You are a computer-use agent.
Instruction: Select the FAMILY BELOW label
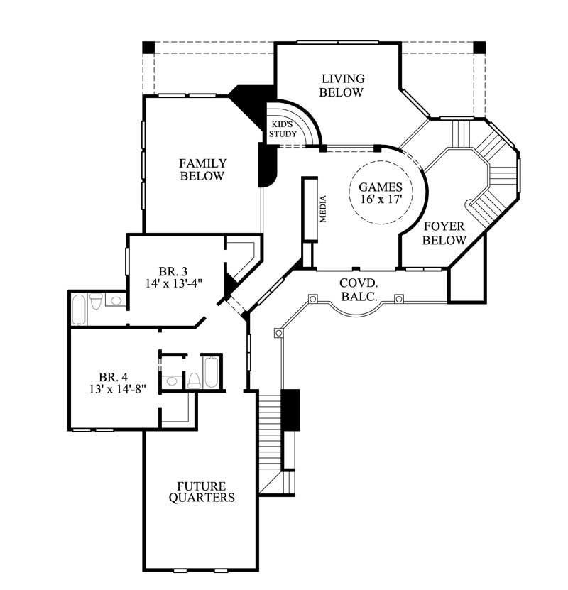point(202,170)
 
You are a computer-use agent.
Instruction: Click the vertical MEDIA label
point(322,209)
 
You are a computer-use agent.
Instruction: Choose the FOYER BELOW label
point(444,233)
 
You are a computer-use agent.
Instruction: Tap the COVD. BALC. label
point(358,289)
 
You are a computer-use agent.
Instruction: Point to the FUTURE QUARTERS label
point(202,491)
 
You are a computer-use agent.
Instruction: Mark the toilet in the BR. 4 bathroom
point(192,379)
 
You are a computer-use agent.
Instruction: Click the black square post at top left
point(148,48)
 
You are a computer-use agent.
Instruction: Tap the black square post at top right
point(479,48)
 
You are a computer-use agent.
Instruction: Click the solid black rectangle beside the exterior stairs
point(290,409)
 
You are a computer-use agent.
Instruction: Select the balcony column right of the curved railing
point(399,298)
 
